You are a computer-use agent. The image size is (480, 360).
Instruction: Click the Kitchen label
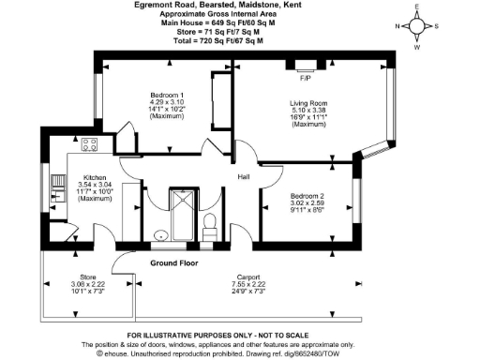pos(95,177)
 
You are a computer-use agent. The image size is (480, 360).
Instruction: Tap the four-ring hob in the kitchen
pos(92,144)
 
